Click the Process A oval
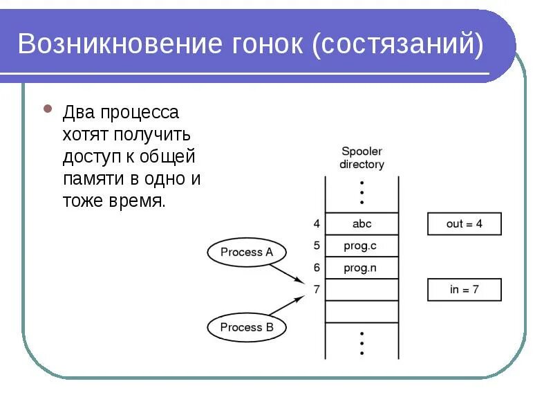pyautogui.click(x=247, y=252)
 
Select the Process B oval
pyautogui.click(x=247, y=327)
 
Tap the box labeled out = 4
pyautogui.click(x=464, y=224)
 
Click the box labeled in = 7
pyautogui.click(x=464, y=290)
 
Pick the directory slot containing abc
pyautogui.click(x=362, y=224)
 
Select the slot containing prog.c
pyautogui.click(x=362, y=246)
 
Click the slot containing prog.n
pyautogui.click(x=362, y=268)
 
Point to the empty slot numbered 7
pyautogui.click(x=362, y=290)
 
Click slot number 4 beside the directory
pyautogui.click(x=317, y=224)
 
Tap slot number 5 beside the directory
pyautogui.click(x=317, y=246)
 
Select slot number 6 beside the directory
pyautogui.click(x=317, y=268)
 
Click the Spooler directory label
pyautogui.click(x=362, y=158)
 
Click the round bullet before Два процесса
pyautogui.click(x=48, y=109)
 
